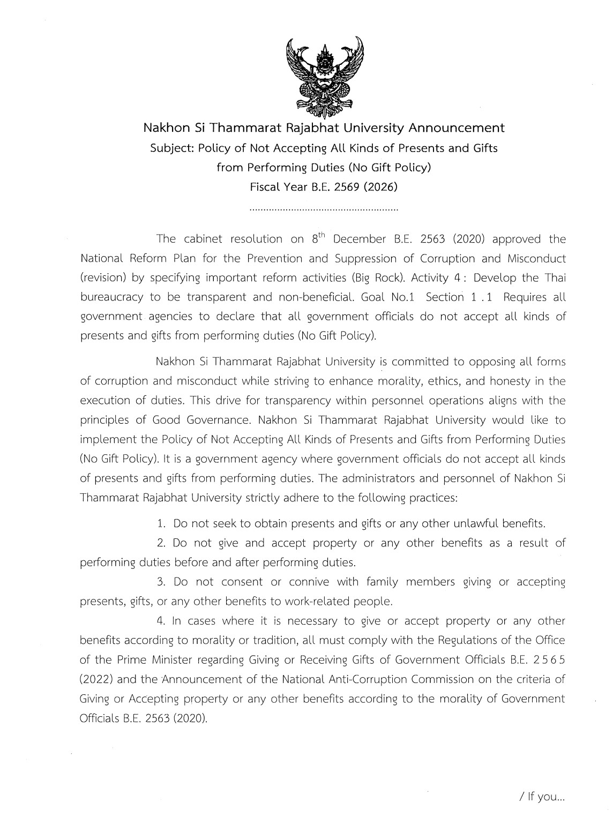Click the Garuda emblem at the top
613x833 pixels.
[x=325, y=77]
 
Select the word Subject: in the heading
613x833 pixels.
[x=171, y=148]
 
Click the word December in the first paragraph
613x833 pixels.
[x=360, y=239]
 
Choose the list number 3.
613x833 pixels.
[x=161, y=582]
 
